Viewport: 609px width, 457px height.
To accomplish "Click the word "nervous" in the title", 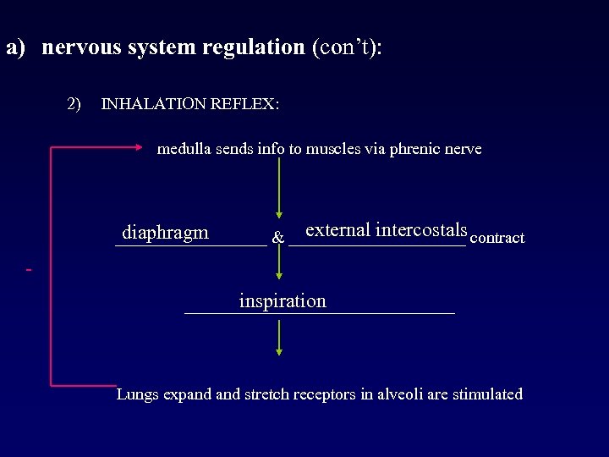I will coord(81,47).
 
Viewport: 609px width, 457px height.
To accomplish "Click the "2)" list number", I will coord(74,104).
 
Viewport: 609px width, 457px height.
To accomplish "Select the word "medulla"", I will coord(184,150).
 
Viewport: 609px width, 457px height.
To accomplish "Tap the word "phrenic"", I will coord(412,150).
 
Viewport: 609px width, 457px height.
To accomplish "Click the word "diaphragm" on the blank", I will coord(165,233).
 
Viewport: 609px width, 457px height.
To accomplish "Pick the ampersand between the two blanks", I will coord(277,239).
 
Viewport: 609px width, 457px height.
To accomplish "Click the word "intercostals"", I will coord(421,229).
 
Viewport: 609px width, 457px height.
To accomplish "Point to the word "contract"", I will coord(497,239).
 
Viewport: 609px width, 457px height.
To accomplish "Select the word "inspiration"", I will coord(283,301).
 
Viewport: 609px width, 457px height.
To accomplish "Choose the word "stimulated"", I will coord(487,394).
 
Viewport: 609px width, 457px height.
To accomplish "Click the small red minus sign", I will coord(30,270).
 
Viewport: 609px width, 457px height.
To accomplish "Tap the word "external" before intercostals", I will coord(337,229).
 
